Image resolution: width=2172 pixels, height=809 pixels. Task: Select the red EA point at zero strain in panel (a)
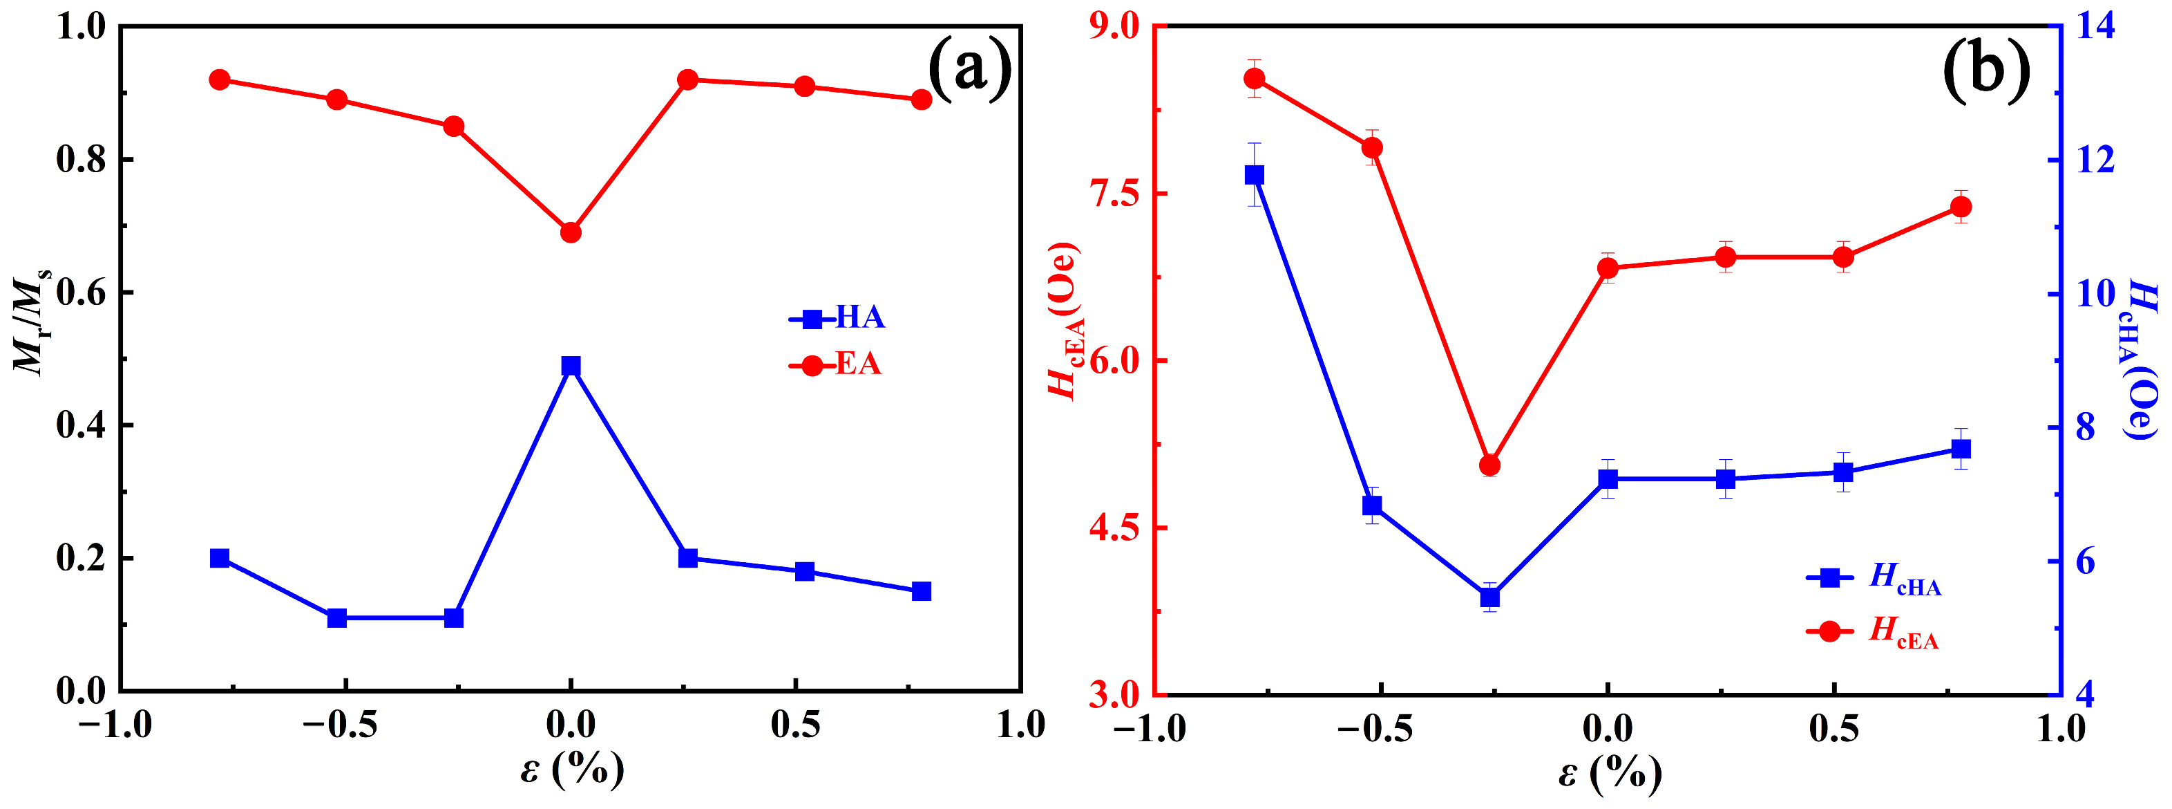pos(571,232)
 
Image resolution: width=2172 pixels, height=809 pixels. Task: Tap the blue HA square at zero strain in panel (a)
pos(571,365)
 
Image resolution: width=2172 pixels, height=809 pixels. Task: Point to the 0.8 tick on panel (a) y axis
pos(82,160)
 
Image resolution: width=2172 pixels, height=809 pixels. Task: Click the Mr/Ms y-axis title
pos(32,321)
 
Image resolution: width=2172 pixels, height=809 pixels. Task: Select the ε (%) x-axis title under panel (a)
pos(571,768)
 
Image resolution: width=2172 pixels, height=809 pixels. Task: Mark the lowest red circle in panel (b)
pos(1490,465)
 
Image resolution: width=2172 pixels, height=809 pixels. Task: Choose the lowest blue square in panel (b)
pos(1490,597)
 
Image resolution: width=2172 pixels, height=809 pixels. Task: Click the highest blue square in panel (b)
pos(1255,175)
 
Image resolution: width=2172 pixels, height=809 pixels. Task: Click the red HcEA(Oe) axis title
pos(1064,321)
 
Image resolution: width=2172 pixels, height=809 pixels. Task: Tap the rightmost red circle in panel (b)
pos(1961,207)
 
